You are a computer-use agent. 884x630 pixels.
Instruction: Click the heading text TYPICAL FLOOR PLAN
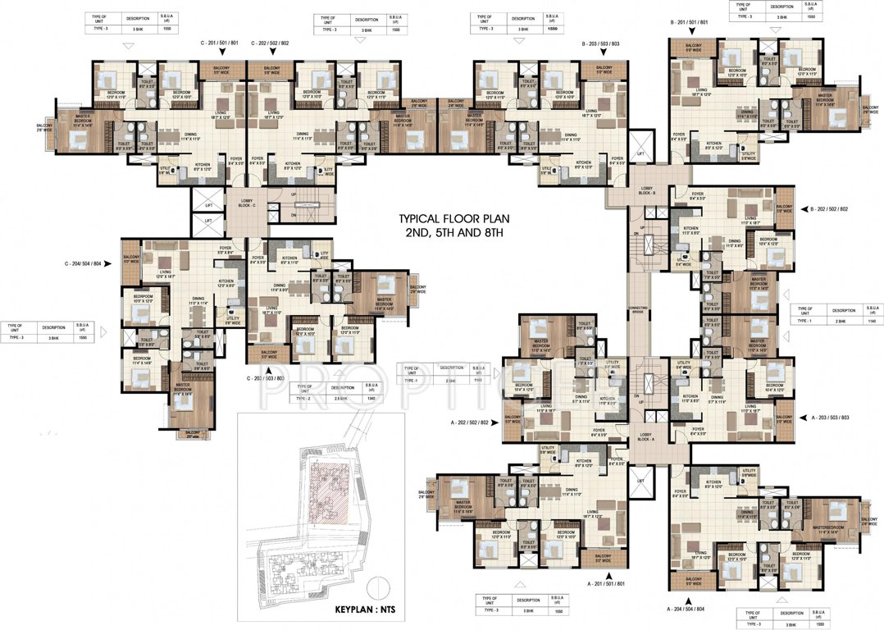click(452, 219)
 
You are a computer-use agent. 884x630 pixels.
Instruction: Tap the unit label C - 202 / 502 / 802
click(270, 42)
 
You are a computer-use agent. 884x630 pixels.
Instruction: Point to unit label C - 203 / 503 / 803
click(266, 378)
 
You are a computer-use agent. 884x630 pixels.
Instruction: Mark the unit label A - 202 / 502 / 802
click(469, 422)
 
